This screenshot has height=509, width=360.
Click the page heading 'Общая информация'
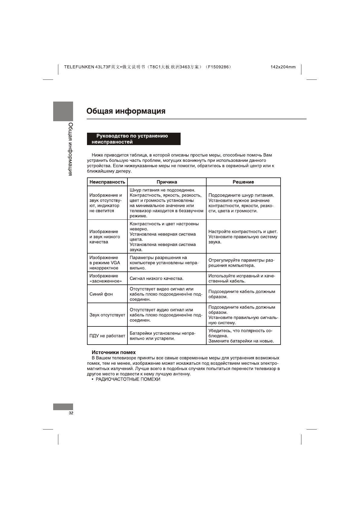(126, 111)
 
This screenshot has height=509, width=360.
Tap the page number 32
(71, 413)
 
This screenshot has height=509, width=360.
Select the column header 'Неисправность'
(107, 182)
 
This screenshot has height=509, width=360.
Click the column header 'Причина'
(167, 182)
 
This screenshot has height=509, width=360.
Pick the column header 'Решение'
(243, 182)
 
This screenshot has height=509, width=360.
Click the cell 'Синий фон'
(101, 294)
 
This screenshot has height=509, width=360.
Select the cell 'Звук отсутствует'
(107, 315)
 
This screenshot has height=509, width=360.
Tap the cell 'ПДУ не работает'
(107, 336)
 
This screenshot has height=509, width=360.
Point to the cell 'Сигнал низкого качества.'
(156, 278)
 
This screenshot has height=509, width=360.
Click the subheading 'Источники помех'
(114, 352)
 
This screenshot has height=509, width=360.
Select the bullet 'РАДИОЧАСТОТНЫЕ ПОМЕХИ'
(128, 379)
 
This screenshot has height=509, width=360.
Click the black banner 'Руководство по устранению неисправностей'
(133, 139)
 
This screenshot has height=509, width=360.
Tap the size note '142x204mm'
(283, 67)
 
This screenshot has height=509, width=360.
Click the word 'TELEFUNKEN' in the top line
(79, 67)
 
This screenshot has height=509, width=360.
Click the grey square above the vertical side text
(63, 111)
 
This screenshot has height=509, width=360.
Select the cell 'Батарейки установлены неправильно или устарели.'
(162, 336)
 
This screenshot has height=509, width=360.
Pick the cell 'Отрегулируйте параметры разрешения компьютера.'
(241, 263)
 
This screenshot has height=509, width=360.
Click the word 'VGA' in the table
(115, 263)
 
